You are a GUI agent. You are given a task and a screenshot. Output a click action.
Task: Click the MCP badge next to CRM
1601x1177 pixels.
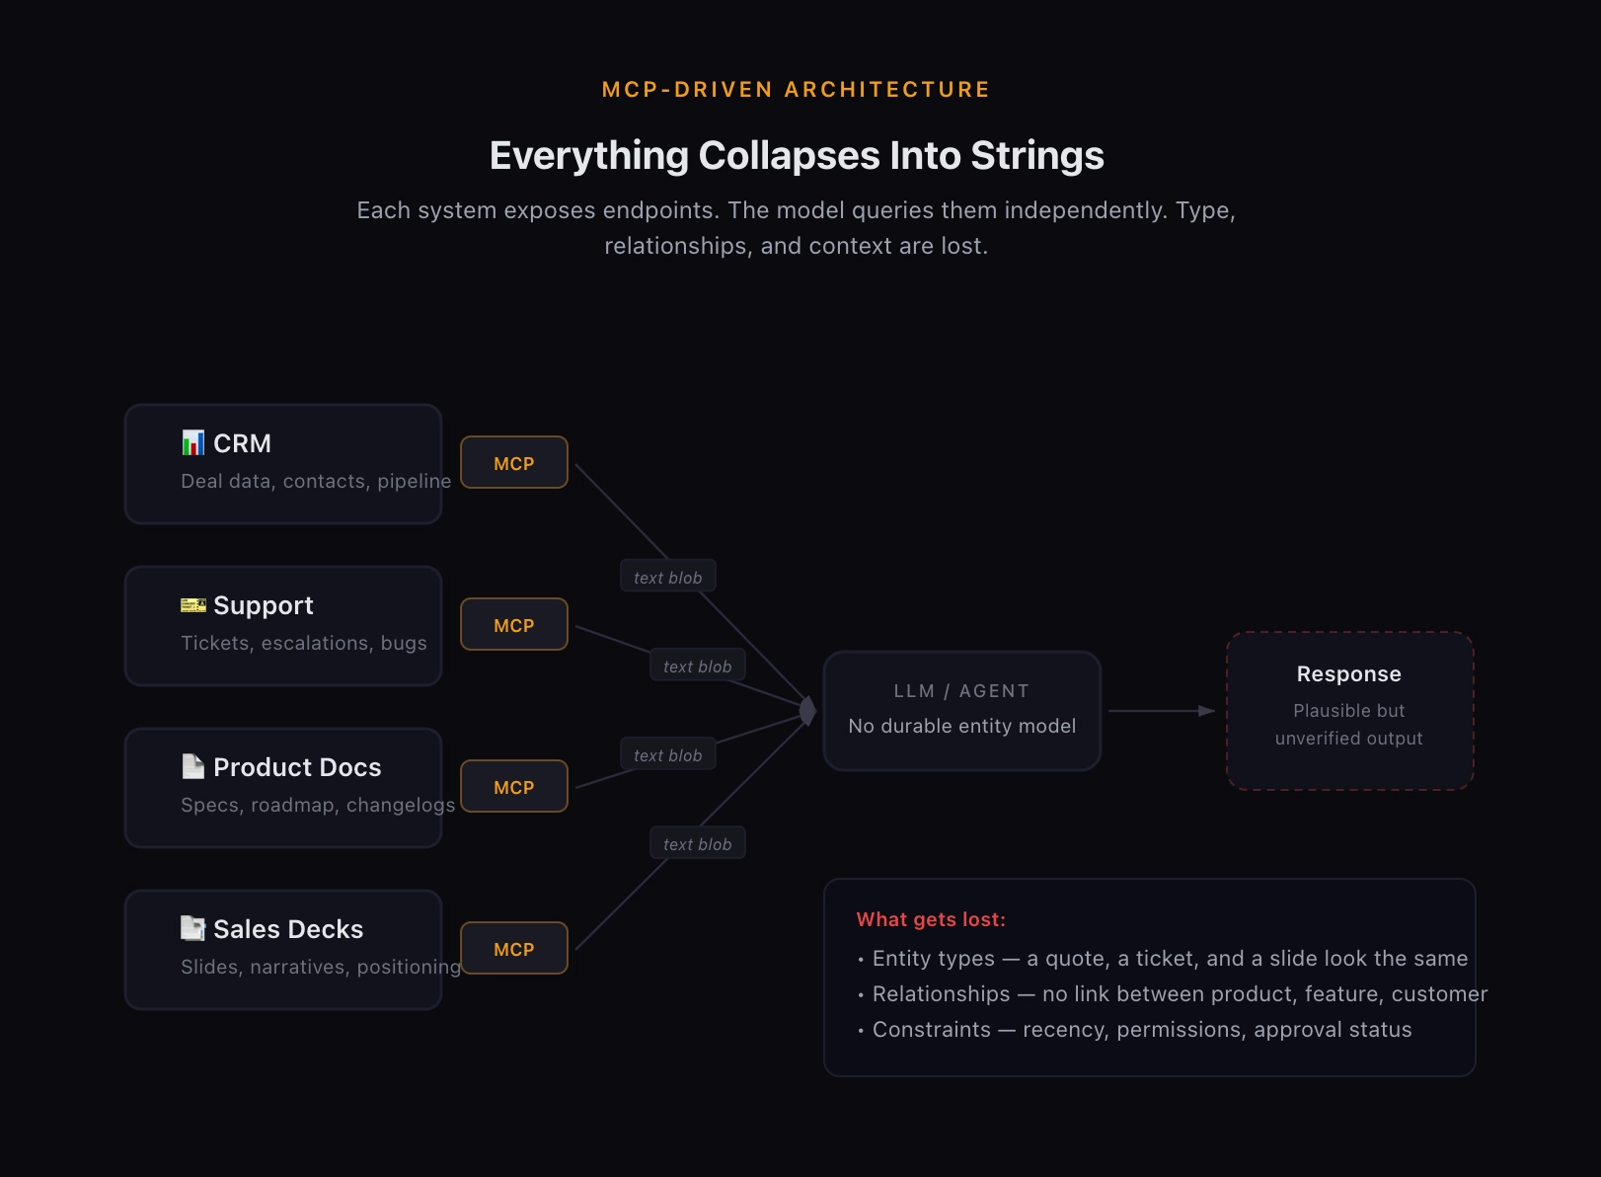pos(513,463)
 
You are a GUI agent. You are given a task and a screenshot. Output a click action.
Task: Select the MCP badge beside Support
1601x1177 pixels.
pos(513,625)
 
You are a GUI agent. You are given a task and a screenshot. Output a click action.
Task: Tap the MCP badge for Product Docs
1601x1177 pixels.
pos(513,787)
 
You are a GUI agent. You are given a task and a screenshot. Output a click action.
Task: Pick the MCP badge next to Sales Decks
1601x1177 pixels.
pos(513,949)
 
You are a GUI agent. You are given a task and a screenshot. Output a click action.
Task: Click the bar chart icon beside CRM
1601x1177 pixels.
pos(193,443)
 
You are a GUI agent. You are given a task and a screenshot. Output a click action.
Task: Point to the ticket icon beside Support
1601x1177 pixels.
pos(193,605)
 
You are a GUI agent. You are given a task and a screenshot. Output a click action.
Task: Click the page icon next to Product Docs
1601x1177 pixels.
pos(193,766)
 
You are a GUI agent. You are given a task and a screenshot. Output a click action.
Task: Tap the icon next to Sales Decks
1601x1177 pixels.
pos(193,928)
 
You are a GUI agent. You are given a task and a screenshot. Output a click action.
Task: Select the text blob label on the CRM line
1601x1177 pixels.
pos(668,578)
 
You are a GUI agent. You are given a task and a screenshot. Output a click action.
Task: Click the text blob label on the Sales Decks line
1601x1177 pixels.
pos(698,844)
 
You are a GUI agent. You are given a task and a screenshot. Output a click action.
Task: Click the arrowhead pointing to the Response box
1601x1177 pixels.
pos(1206,711)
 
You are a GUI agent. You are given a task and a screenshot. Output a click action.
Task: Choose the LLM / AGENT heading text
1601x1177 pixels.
pos(961,691)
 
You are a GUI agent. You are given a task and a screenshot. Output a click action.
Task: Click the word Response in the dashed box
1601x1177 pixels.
pos(1348,674)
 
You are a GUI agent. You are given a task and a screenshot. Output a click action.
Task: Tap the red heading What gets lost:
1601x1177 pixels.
pos(931,919)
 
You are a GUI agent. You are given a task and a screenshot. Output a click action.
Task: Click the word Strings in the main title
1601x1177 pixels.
pos(1036,156)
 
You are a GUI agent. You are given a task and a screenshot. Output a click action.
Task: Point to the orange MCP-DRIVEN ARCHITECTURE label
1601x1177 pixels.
pos(796,90)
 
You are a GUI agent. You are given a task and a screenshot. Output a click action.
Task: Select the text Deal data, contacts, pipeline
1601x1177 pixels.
pos(316,481)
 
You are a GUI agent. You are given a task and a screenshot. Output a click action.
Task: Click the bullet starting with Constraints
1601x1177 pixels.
pos(1142,1030)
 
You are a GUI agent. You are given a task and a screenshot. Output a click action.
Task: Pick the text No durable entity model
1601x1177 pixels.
pos(961,726)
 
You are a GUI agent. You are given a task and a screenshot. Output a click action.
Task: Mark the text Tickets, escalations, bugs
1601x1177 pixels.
pos(304,643)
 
